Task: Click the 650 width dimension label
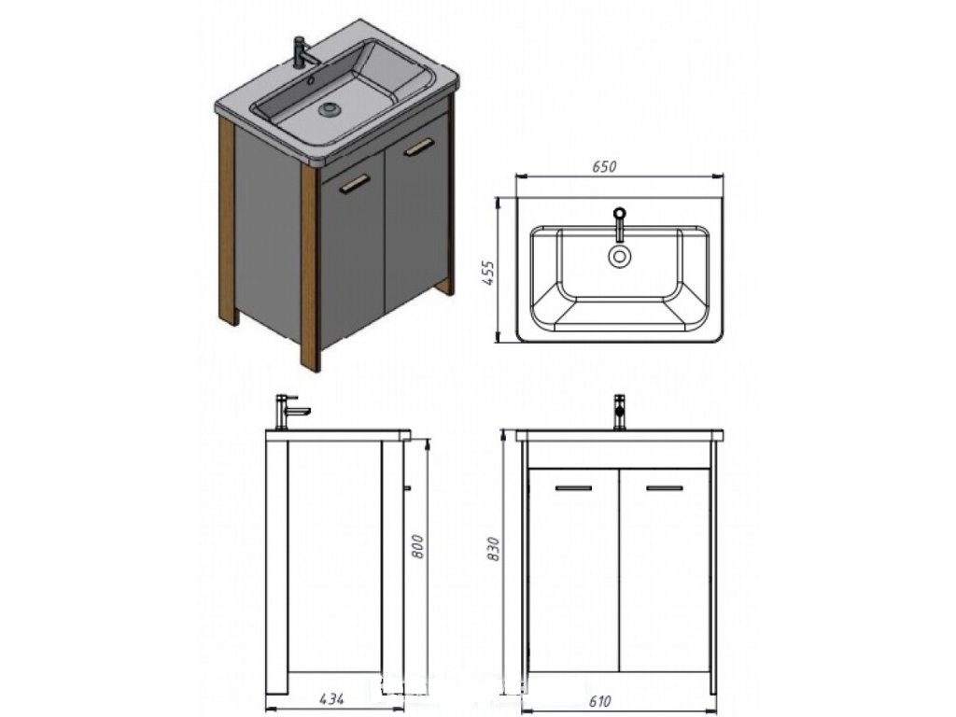pos(605,167)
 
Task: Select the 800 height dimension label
pos(418,545)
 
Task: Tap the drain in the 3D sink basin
pos(329,109)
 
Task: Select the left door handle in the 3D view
pos(355,184)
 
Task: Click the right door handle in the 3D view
pos(419,147)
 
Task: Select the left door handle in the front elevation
pos(573,488)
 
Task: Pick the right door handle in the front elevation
pos(664,488)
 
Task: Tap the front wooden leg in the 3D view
pos(309,271)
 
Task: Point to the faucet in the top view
pos(619,224)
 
